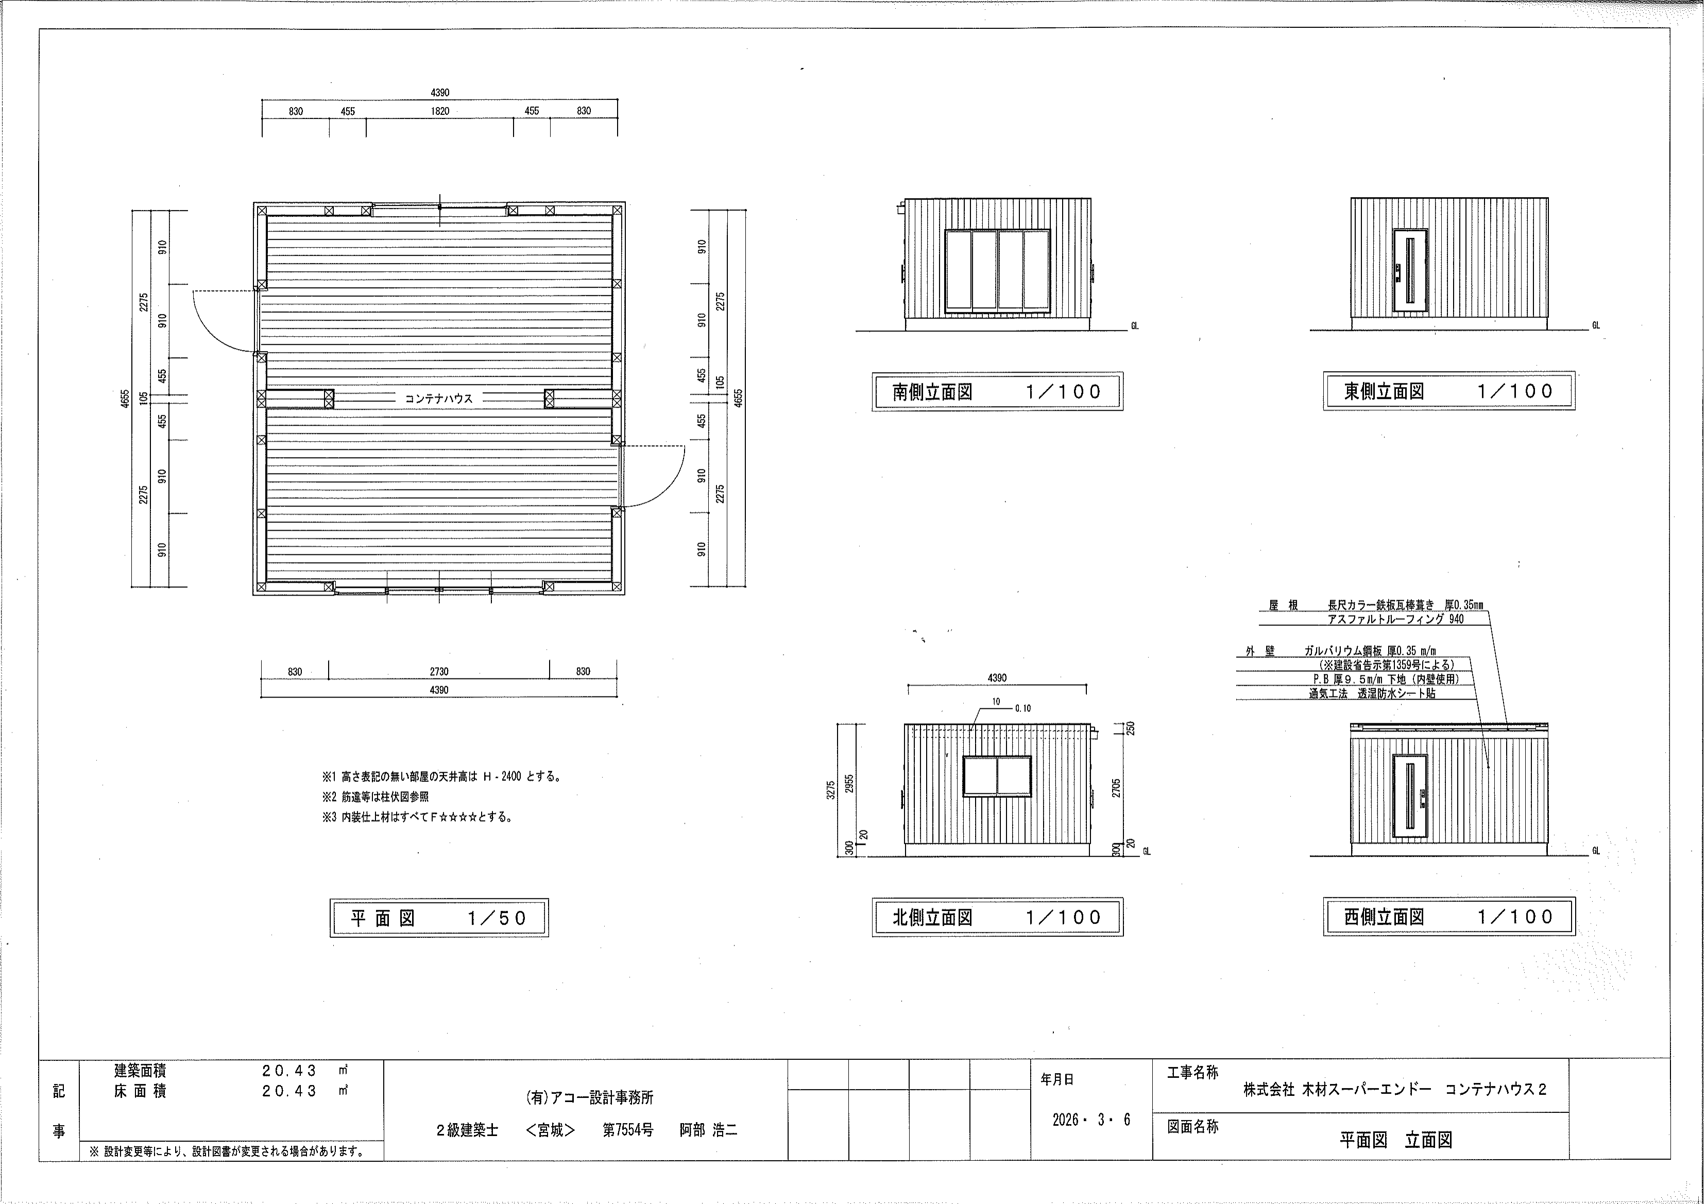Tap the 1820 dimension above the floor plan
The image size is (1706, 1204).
440,111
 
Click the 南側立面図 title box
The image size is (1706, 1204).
997,391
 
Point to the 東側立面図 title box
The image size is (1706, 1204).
1449,391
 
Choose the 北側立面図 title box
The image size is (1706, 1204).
997,917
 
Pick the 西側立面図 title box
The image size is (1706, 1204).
1449,917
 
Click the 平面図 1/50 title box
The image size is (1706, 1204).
439,918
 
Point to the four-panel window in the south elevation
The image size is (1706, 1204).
997,270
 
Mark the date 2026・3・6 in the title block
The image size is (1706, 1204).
1091,1120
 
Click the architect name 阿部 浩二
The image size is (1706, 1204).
709,1130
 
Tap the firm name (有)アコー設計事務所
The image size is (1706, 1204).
589,1097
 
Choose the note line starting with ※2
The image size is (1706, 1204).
375,797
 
